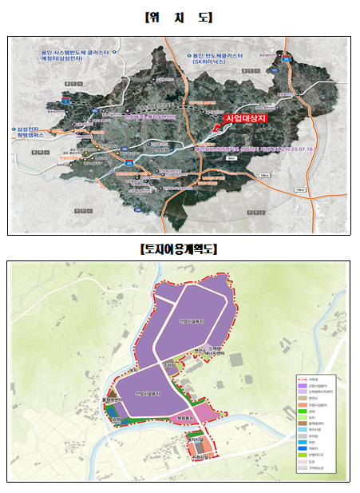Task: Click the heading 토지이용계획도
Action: [x=179, y=248]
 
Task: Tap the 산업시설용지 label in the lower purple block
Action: [x=148, y=394]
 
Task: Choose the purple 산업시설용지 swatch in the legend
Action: [x=301, y=386]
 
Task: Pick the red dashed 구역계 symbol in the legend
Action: [x=301, y=380]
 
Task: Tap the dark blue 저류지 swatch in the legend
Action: [x=301, y=448]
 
